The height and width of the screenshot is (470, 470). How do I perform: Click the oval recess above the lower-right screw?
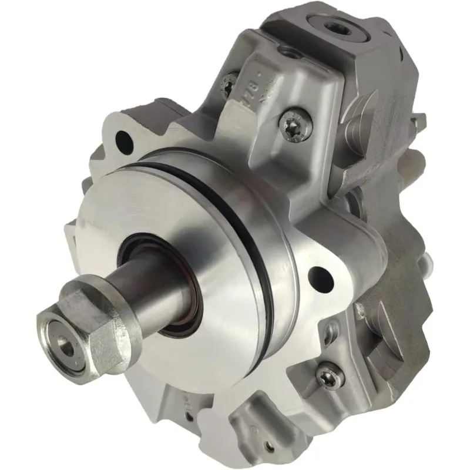point(334,327)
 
